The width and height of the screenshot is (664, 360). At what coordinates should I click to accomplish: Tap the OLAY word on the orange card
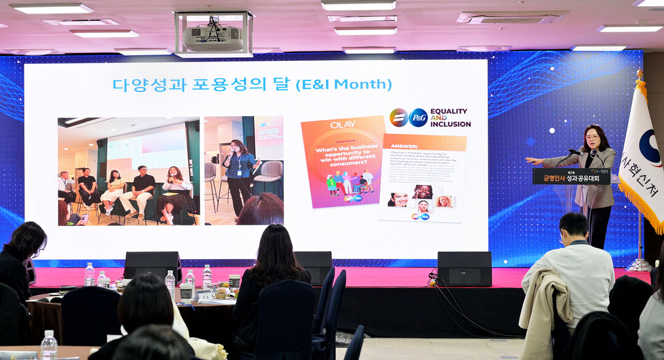pyautogui.click(x=343, y=124)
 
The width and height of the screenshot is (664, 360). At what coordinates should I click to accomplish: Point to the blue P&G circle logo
pyautogui.click(x=418, y=117)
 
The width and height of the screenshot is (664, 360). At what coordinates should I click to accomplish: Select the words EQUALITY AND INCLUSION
pyautogui.click(x=450, y=118)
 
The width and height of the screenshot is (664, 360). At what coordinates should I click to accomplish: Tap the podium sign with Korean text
pyautogui.click(x=571, y=177)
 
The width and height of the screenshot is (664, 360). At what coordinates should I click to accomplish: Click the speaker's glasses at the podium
pyautogui.click(x=593, y=137)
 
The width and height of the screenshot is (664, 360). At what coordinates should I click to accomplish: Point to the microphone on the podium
pyautogui.click(x=575, y=151)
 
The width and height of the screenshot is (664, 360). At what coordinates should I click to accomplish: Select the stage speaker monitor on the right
pyautogui.click(x=464, y=268)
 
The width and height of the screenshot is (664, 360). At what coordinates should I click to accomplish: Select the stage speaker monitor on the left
pyautogui.click(x=152, y=265)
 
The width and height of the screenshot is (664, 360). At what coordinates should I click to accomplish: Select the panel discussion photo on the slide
pyautogui.click(x=128, y=170)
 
